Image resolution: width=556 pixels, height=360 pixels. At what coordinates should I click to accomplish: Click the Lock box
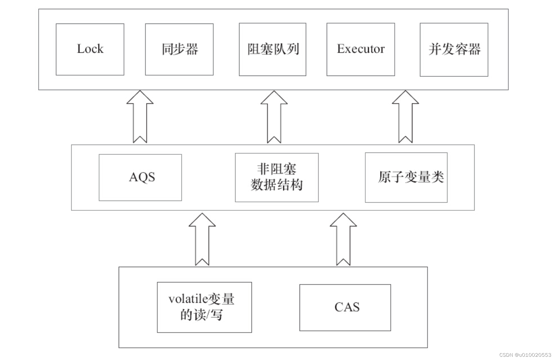[90, 49]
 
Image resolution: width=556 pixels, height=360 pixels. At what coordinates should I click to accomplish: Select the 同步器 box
[179, 49]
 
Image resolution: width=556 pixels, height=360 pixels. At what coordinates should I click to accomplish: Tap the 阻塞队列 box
[272, 49]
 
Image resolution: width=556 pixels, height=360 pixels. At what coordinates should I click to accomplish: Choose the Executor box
[360, 49]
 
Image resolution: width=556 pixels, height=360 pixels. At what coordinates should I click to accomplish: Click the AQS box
[140, 177]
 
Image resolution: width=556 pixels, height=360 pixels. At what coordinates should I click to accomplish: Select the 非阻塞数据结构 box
[277, 177]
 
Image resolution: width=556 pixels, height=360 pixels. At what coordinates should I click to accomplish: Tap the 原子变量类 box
[406, 177]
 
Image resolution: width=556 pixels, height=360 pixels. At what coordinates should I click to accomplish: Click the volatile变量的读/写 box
[204, 307]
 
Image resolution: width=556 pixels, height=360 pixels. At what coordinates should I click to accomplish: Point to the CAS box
[345, 307]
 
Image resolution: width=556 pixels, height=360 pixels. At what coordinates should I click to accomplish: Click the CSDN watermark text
[525, 355]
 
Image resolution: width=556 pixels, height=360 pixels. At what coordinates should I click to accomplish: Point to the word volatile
[188, 299]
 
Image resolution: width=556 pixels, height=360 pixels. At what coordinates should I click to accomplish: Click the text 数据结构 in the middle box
[277, 185]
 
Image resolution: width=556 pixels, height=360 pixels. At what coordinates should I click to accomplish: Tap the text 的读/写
[201, 315]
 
